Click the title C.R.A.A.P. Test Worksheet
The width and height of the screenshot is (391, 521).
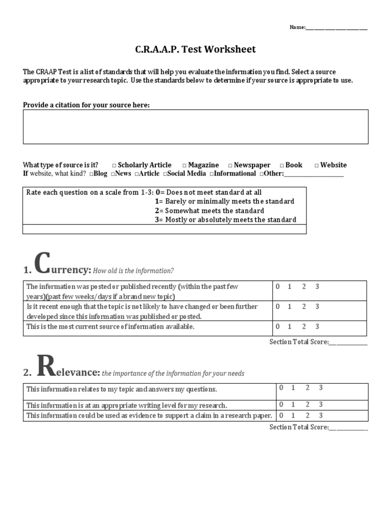195,49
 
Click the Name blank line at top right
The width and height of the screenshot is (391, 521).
337,27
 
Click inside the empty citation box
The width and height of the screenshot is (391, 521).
195,127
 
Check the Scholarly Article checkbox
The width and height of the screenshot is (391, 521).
114,165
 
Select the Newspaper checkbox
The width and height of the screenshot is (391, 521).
230,165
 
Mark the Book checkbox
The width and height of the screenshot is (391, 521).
282,165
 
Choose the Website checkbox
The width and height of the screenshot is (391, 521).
316,165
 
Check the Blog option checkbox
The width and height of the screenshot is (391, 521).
91,174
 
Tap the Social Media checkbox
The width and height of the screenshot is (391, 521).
165,174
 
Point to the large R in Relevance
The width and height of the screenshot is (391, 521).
46,366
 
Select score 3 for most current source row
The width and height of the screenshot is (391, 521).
317,327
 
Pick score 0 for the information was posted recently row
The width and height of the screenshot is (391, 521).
278,286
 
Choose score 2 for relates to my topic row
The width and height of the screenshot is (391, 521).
307,388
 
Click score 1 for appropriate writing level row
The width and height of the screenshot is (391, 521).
293,404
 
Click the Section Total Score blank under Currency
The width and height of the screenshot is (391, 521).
348,342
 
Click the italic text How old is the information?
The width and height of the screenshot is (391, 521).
133,271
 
